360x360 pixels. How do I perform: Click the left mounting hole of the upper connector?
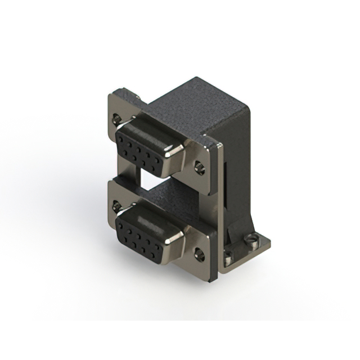coord(116,119)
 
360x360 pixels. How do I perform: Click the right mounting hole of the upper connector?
coord(199,167)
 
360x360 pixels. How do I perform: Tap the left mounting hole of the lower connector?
coord(116,207)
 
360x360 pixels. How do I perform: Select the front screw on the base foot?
coord(228,260)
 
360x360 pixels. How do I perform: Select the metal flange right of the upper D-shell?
coord(194,155)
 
